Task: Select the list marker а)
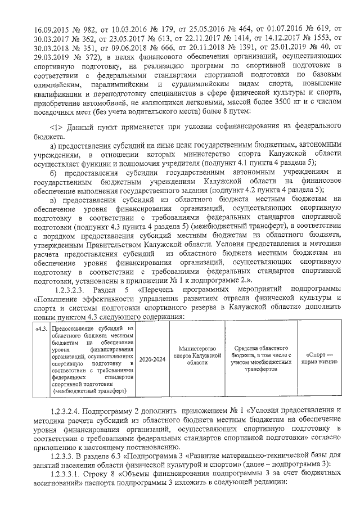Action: click(x=54, y=147)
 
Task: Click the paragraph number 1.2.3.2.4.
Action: click(x=70, y=409)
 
